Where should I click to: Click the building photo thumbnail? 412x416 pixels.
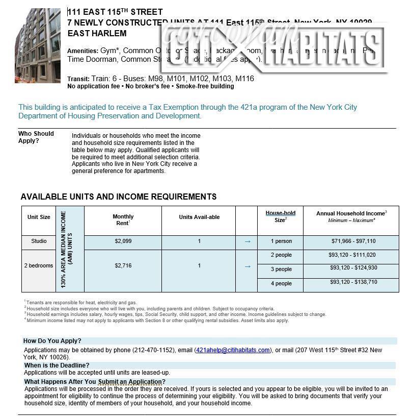[x=38, y=45]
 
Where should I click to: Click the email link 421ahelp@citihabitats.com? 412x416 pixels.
[x=233, y=350]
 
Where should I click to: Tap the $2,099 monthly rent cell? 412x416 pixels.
[x=123, y=241]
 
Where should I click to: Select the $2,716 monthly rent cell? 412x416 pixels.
[x=123, y=266]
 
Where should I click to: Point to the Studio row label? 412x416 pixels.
[x=39, y=241]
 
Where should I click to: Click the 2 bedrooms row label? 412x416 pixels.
[x=39, y=266]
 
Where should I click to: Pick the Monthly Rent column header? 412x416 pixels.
[x=123, y=220]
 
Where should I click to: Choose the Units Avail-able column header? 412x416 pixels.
[x=199, y=217]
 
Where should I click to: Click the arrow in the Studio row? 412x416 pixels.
[x=247, y=242]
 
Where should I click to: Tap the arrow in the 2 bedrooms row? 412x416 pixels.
[x=247, y=266]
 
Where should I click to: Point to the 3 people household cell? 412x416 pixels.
[x=281, y=269]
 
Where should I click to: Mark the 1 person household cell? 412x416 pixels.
[x=281, y=241]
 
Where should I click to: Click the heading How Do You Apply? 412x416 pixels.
[x=52, y=341]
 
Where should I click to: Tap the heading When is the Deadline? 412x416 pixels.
[x=57, y=365]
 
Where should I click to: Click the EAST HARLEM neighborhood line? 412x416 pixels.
[x=97, y=34]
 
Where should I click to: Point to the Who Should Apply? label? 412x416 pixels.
[x=36, y=137]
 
